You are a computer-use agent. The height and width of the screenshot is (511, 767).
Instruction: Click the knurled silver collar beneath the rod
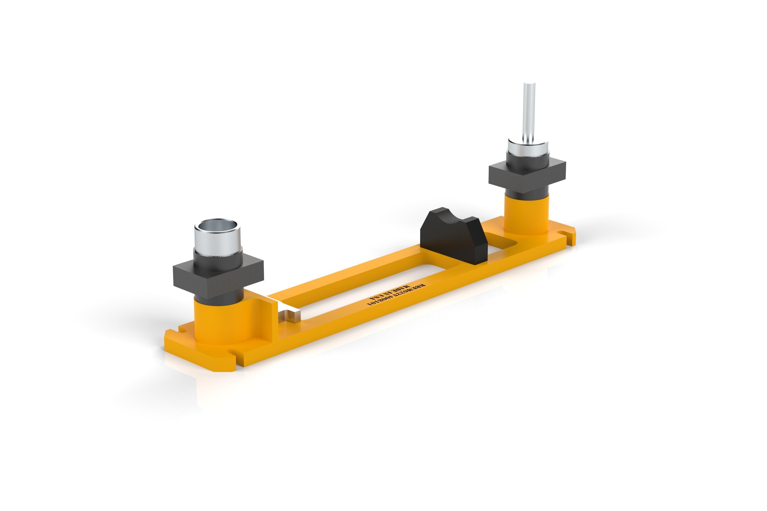click(x=527, y=150)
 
